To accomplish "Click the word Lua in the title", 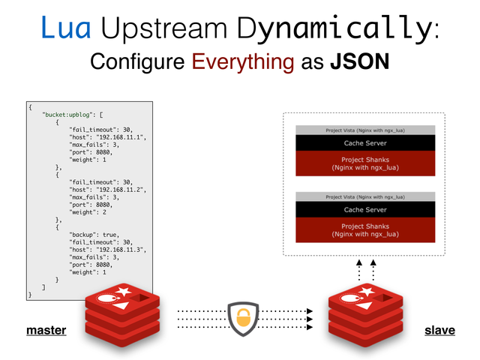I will pyautogui.click(x=66, y=28).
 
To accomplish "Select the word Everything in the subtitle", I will pyautogui.click(x=242, y=61).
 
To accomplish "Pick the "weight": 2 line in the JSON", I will pyautogui.click(x=87, y=212).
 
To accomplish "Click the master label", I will pyautogui.click(x=46, y=330).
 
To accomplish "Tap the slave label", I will pyautogui.click(x=439, y=330).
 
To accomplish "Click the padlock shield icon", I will pyautogui.click(x=243, y=318).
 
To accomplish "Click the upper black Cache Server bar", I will pyautogui.click(x=365, y=142).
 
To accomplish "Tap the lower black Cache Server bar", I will pyautogui.click(x=365, y=209).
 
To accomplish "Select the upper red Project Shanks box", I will pyautogui.click(x=365, y=163).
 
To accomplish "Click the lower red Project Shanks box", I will pyautogui.click(x=365, y=230).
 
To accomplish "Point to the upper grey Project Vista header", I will pyautogui.click(x=365, y=130).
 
